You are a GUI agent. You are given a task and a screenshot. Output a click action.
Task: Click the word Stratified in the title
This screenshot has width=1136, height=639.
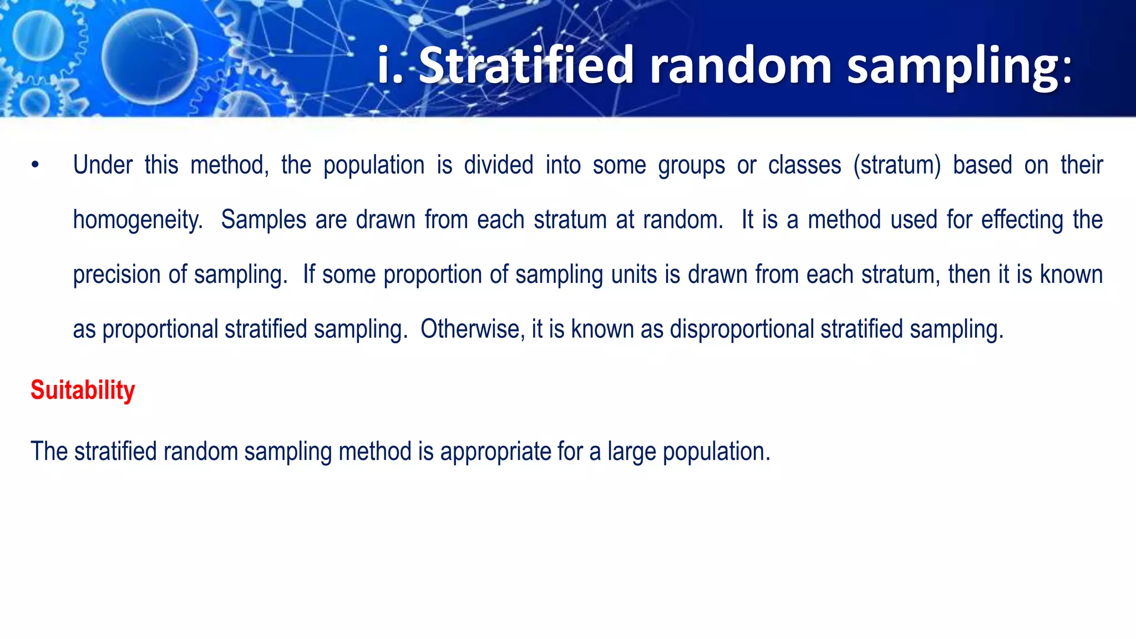(x=526, y=65)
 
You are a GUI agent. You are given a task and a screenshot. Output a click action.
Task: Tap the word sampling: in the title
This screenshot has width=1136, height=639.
(x=960, y=65)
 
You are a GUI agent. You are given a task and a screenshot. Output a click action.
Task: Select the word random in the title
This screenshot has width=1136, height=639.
(x=741, y=65)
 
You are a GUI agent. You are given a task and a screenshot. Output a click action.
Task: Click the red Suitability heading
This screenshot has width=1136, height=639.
(x=83, y=390)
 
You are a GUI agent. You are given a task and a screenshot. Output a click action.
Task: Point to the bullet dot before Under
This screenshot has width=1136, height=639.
(x=35, y=165)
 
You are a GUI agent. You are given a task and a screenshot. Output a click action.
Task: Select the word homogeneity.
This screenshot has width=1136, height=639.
(x=138, y=220)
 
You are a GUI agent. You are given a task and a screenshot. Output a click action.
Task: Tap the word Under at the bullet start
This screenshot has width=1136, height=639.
(x=103, y=165)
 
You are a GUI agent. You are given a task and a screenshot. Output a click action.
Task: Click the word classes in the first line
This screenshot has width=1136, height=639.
(x=804, y=165)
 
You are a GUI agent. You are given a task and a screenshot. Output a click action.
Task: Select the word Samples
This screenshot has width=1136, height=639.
(x=263, y=220)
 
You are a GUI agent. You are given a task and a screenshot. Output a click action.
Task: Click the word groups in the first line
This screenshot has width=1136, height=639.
(x=691, y=165)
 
